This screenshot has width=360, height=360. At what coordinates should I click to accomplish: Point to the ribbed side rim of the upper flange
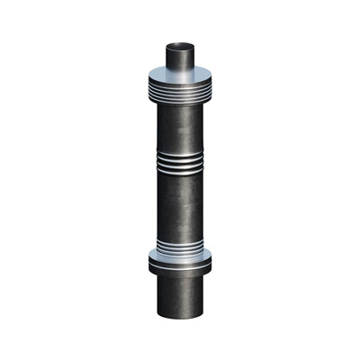[x=180, y=87]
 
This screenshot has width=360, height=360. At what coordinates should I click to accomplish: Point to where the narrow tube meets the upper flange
[x=180, y=70]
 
